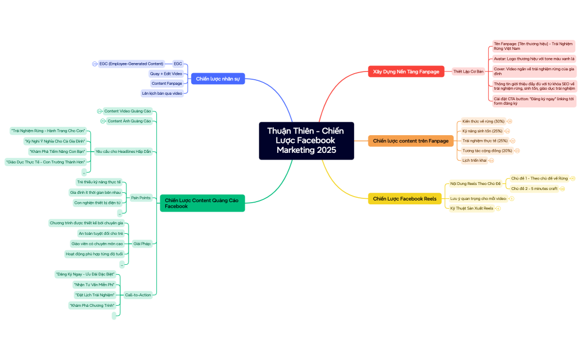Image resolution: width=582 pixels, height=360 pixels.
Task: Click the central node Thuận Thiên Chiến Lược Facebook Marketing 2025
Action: pyautogui.click(x=306, y=141)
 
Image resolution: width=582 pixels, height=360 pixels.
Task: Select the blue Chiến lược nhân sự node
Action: pyautogui.click(x=218, y=79)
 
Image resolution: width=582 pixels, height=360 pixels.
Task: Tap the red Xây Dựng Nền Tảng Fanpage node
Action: pyautogui.click(x=406, y=71)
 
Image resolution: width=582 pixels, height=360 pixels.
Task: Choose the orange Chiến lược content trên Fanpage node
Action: pyautogui.click(x=411, y=141)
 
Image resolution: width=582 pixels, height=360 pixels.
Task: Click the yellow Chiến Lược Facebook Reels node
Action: pyautogui.click(x=405, y=199)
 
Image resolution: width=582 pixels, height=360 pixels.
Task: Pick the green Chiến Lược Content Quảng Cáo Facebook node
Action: pyautogui.click(x=202, y=203)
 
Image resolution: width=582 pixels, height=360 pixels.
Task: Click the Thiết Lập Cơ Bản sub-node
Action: pyautogui.click(x=468, y=71)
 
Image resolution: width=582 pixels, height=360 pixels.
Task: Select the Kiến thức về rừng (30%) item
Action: pyautogui.click(x=483, y=121)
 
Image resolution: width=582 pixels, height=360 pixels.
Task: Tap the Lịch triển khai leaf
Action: pyautogui.click(x=474, y=160)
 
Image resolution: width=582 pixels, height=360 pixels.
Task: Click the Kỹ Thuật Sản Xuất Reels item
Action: pyautogui.click(x=472, y=208)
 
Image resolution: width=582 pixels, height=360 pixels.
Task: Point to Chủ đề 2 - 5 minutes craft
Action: pyautogui.click(x=534, y=188)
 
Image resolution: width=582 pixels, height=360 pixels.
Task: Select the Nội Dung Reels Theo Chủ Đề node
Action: pyautogui.click(x=475, y=183)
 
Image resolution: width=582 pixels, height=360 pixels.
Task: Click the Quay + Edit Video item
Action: pyautogui.click(x=166, y=74)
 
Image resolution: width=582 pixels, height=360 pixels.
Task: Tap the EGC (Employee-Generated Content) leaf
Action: pyautogui.click(x=131, y=64)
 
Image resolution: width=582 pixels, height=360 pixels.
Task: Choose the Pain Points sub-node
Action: pyautogui.click(x=141, y=197)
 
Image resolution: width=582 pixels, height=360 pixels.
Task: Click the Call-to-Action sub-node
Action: pyautogui.click(x=137, y=295)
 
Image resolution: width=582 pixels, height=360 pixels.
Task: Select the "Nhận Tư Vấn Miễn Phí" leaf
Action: pyautogui.click(x=94, y=284)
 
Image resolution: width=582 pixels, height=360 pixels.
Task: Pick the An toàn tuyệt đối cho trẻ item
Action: pyautogui.click(x=100, y=233)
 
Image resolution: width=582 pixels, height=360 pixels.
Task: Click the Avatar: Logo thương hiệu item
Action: pyautogui.click(x=534, y=58)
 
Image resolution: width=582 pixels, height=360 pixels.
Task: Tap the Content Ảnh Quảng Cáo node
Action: pyautogui.click(x=129, y=121)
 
